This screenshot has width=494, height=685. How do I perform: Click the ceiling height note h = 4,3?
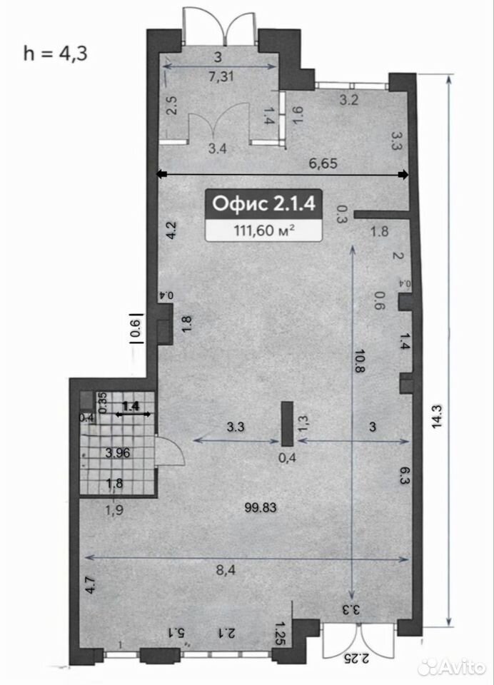[x=56, y=54]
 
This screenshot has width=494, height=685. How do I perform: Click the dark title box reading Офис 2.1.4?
[x=263, y=204]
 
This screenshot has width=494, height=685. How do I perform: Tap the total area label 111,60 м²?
[x=263, y=230]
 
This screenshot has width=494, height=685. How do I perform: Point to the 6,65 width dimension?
[x=323, y=164]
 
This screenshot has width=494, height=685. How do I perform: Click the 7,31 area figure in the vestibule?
[x=221, y=77]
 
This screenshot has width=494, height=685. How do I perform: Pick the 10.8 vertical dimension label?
[x=361, y=360]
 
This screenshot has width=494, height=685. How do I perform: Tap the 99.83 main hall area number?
[x=261, y=507]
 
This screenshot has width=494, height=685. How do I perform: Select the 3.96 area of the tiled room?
[x=118, y=452]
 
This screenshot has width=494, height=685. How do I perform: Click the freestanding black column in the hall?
[x=287, y=424]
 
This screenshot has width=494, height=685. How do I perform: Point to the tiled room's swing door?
[x=171, y=452]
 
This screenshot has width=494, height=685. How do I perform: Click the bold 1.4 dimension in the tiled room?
[x=131, y=406]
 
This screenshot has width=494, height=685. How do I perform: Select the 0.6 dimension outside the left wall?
[x=136, y=328]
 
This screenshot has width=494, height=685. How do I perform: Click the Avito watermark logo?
[x=452, y=668]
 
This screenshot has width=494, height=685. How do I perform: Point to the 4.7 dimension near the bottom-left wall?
[x=91, y=585]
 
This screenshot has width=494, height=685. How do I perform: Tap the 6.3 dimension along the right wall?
[x=403, y=475]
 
